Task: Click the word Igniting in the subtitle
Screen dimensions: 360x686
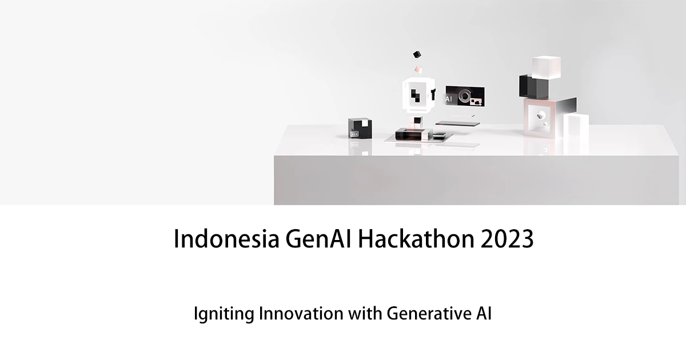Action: (217, 315)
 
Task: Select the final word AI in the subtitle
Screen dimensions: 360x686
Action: (484, 314)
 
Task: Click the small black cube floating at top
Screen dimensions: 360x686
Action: (417, 55)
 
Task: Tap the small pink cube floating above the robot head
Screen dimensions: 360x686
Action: (418, 69)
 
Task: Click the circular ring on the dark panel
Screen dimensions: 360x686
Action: (464, 96)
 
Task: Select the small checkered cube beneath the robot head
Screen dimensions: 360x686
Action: (418, 120)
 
